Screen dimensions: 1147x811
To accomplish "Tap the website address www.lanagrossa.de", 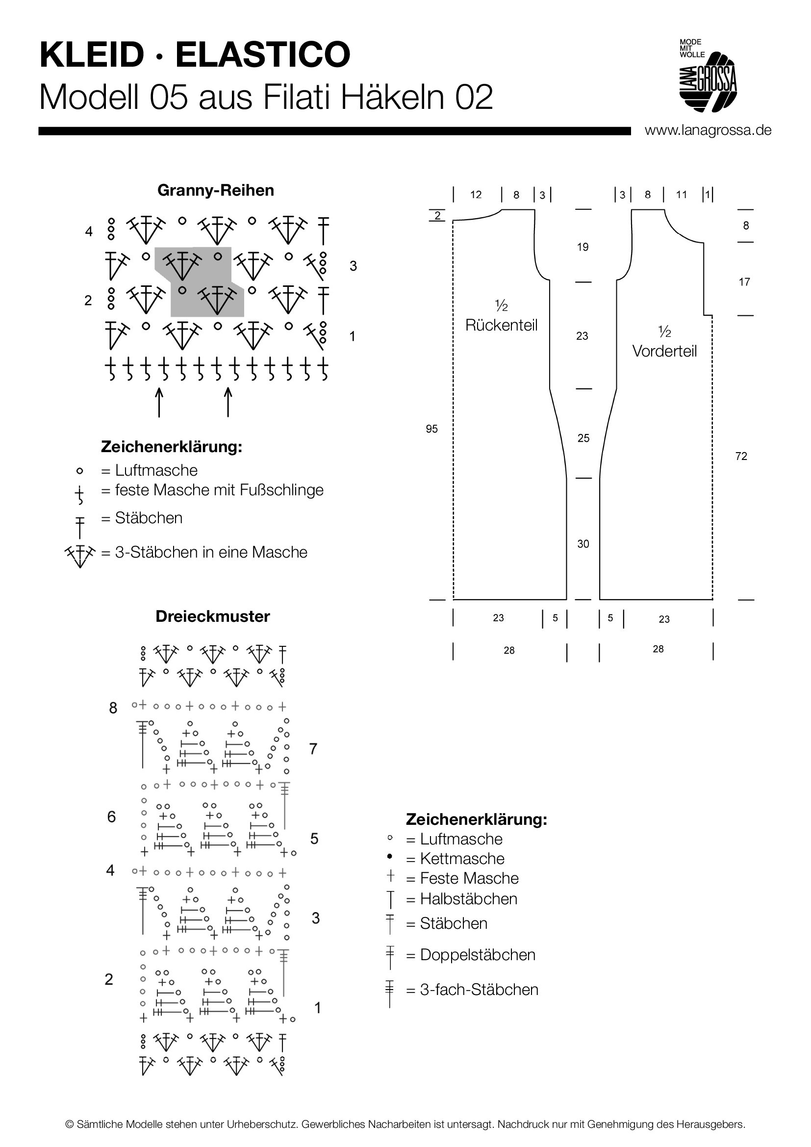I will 708,130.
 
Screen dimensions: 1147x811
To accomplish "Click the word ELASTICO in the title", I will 263,54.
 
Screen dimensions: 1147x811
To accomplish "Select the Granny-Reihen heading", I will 216,190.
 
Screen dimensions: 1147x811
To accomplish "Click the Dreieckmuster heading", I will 213,616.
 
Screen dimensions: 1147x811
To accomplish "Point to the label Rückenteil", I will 502,325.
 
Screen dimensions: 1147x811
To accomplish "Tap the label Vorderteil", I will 664,351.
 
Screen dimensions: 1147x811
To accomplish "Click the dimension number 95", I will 432,429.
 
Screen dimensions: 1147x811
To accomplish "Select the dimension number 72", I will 741,456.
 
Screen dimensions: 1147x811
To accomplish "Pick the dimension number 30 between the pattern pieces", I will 583,544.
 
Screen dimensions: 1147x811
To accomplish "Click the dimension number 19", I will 583,247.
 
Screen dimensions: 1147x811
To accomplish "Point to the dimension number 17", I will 744,282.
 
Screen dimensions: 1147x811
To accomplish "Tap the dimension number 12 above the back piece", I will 476,195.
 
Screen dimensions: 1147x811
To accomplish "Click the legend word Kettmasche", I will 462,859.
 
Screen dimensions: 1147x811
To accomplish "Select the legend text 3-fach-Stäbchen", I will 479,990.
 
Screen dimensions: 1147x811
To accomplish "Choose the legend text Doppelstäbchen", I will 478,955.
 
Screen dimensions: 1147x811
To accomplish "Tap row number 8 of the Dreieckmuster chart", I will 113,708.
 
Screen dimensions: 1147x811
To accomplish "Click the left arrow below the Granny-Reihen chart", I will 159,402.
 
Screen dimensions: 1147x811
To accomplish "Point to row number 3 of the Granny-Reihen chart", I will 353,266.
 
